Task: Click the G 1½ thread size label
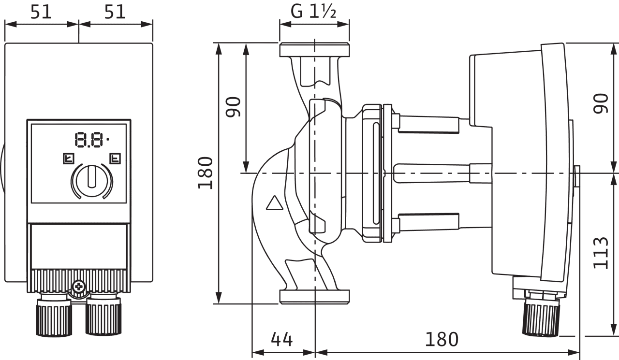point(314,12)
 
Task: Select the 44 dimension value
point(281,340)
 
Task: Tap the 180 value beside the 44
point(442,340)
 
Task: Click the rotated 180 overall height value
point(206,173)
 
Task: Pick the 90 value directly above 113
point(601,103)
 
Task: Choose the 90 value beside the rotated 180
point(234,107)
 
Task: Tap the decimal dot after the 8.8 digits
point(107,139)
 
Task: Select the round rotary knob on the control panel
point(91,180)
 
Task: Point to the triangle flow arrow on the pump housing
point(274,203)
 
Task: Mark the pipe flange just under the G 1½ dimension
point(314,50)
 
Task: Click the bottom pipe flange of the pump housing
point(314,296)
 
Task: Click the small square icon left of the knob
point(67,158)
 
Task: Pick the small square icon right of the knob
point(115,158)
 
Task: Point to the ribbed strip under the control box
point(78,280)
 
